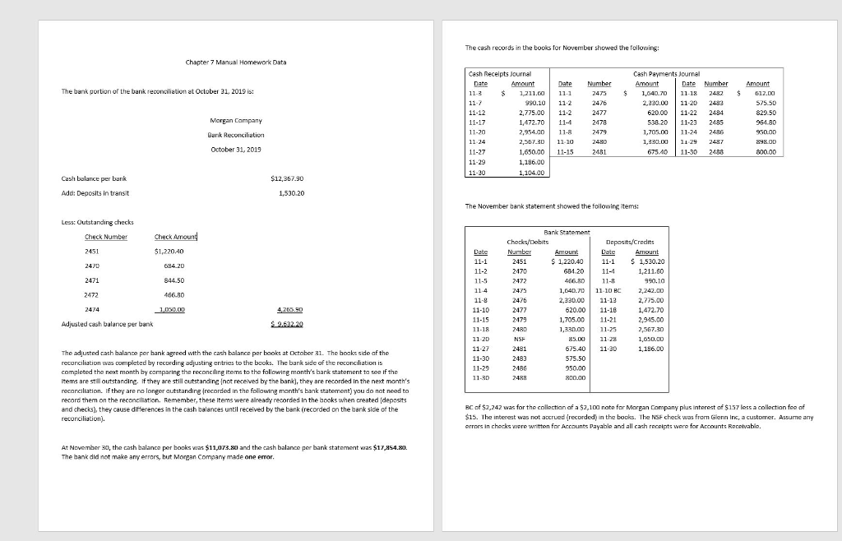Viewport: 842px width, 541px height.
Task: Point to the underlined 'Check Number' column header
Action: tap(106, 237)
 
